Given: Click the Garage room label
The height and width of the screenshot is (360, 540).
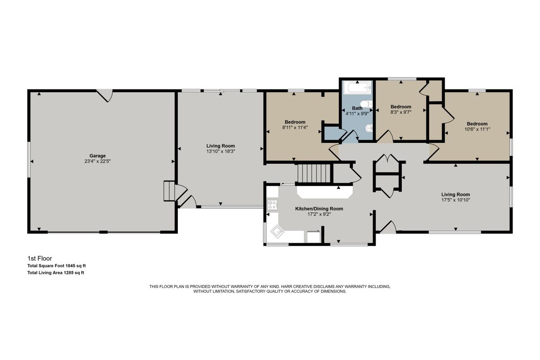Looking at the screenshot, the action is pyautogui.click(x=98, y=156).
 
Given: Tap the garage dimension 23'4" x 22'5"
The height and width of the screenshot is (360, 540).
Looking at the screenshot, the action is pyautogui.click(x=98, y=161).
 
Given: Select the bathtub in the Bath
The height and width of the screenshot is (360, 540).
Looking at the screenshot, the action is pyautogui.click(x=357, y=88).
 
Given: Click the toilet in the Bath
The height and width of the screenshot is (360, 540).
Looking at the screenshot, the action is pyautogui.click(x=366, y=104).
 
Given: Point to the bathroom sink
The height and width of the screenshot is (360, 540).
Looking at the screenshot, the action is pyautogui.click(x=369, y=128).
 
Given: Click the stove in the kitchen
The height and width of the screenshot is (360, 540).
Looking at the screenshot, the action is pyautogui.click(x=272, y=205).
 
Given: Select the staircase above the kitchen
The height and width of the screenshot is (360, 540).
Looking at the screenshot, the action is pyautogui.click(x=313, y=174).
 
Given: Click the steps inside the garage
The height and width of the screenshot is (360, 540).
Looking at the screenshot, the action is pyautogui.click(x=169, y=191).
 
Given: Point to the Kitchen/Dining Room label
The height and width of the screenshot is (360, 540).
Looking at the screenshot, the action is pyautogui.click(x=319, y=209).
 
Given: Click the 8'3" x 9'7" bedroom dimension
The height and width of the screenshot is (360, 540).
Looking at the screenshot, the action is pyautogui.click(x=401, y=112).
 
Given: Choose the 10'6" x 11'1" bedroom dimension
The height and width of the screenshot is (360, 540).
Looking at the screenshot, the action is pyautogui.click(x=477, y=129).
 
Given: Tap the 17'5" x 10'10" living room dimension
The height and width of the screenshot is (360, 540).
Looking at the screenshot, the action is pyautogui.click(x=455, y=200).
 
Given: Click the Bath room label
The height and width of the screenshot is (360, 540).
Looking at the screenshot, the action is pyautogui.click(x=357, y=108).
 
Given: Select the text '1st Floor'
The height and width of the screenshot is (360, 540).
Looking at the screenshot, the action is pyautogui.click(x=40, y=258).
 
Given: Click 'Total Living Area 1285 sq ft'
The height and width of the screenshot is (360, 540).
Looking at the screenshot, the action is pyautogui.click(x=56, y=273).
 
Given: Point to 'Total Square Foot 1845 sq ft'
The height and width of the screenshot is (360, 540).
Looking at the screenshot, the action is pyautogui.click(x=57, y=266).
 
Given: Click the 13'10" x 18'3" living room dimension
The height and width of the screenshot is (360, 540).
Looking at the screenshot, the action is pyautogui.click(x=221, y=151).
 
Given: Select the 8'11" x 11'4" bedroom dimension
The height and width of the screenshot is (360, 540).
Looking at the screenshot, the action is pyautogui.click(x=295, y=128).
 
